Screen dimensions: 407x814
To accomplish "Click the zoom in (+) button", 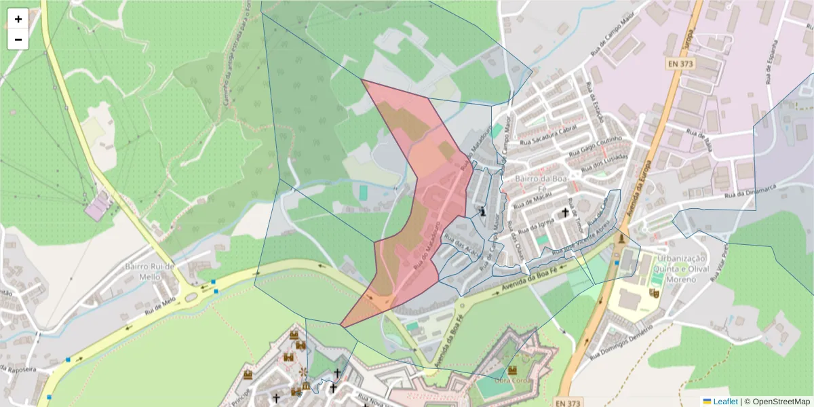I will tap(18, 19).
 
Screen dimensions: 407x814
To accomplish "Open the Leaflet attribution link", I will tap(720, 401).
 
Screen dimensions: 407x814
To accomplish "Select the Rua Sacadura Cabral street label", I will tap(547, 138).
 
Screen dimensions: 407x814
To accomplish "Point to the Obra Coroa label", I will tap(511, 379).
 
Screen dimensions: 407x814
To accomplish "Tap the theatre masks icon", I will tap(655, 293).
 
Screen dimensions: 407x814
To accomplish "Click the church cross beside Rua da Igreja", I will tap(565, 213).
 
